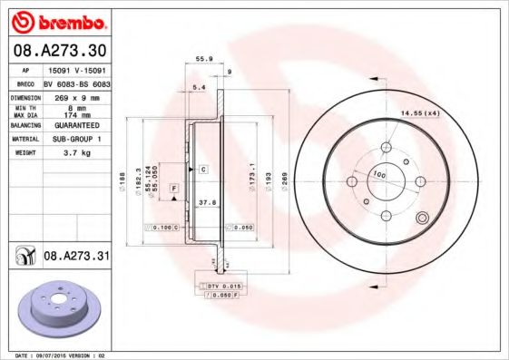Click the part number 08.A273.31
[x=76, y=258]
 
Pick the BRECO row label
[x=24, y=83]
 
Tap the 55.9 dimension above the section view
[x=204, y=59]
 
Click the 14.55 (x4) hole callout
[x=420, y=112]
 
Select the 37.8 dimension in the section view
[x=206, y=204]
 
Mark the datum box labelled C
[x=203, y=170]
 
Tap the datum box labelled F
[x=171, y=187]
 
